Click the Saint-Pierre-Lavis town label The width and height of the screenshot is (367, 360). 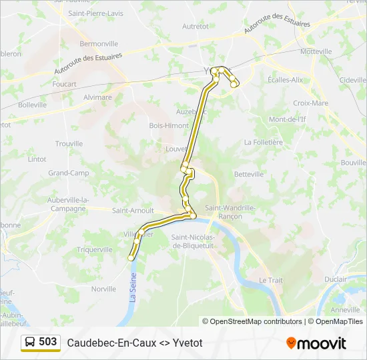tap(95, 13)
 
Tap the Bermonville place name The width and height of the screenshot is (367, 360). tap(99, 44)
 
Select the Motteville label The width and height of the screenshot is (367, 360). tap(316, 51)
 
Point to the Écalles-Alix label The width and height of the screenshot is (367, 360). tap(285, 79)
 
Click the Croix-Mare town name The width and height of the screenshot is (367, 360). tap(310, 103)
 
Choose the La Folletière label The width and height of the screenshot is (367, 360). tap(264, 142)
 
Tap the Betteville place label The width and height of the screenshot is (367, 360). tap(250, 174)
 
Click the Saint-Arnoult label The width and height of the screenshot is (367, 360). tap(133, 211)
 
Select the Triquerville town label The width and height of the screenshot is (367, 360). tap(95, 249)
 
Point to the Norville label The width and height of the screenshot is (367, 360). tap(103, 289)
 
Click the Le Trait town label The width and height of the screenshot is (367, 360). tap(271, 281)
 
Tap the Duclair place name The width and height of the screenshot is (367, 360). tap(335, 280)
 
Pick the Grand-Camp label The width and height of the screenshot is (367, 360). tap(68, 173)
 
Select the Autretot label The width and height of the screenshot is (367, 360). tap(195, 27)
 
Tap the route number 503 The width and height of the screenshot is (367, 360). tap(47, 342)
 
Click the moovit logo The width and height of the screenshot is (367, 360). tap(316, 343)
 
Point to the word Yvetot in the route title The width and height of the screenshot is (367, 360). tap(188, 343)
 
